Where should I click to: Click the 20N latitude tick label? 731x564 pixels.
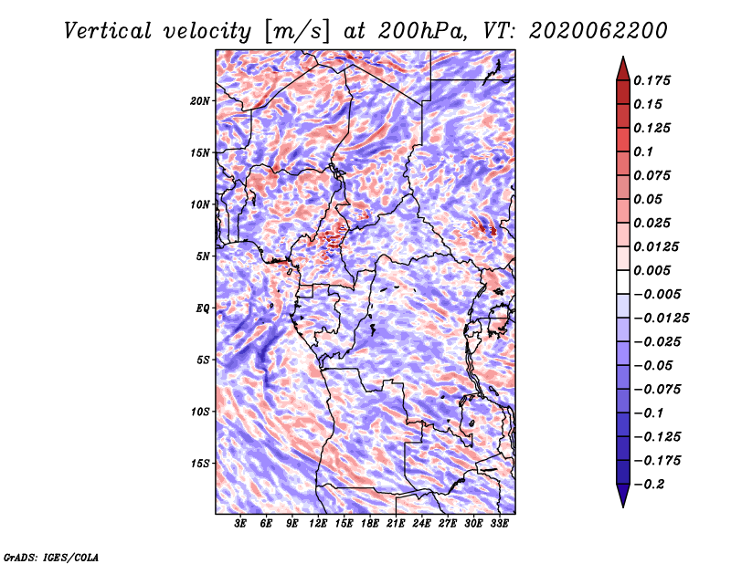(200, 101)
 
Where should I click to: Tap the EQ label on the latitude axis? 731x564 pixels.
(203, 308)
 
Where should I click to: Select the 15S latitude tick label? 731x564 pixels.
(200, 464)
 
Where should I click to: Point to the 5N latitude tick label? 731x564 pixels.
(203, 256)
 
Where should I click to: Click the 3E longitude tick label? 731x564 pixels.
(240, 524)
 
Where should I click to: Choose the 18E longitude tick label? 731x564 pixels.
(370, 524)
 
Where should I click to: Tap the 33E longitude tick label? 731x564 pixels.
(499, 524)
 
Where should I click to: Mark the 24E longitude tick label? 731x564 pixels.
(421, 524)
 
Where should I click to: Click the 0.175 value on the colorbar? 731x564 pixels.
(652, 80)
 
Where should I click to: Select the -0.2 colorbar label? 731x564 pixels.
(649, 485)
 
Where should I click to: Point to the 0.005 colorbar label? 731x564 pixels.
(652, 270)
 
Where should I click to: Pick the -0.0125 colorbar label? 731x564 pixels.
(661, 319)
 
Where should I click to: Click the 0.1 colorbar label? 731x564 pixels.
(643, 151)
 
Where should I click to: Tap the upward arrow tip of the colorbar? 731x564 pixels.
(623, 57)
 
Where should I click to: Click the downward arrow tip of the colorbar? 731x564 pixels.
(623, 507)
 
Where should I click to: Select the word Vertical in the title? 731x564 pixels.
(107, 31)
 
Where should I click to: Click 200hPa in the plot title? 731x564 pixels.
(422, 31)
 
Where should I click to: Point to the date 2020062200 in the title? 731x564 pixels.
(599, 31)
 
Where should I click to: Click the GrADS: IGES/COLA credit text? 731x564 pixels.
(51, 557)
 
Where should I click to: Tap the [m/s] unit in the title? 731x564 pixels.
(297, 32)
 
